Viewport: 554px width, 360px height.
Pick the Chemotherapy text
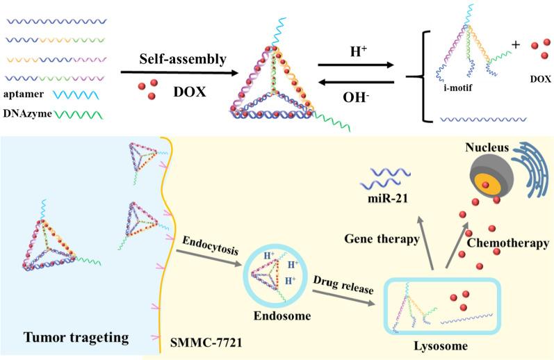tap(508, 244)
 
